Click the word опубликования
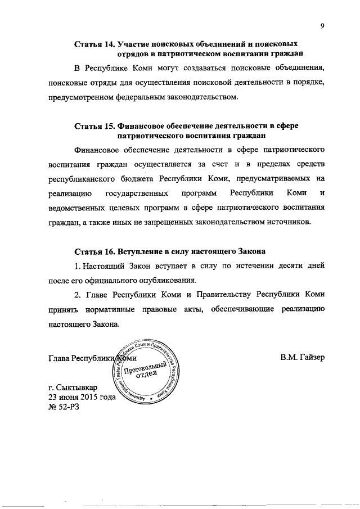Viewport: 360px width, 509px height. (165, 279)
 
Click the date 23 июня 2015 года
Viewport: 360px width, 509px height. (82, 398)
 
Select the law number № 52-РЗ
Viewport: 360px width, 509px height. (64, 408)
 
